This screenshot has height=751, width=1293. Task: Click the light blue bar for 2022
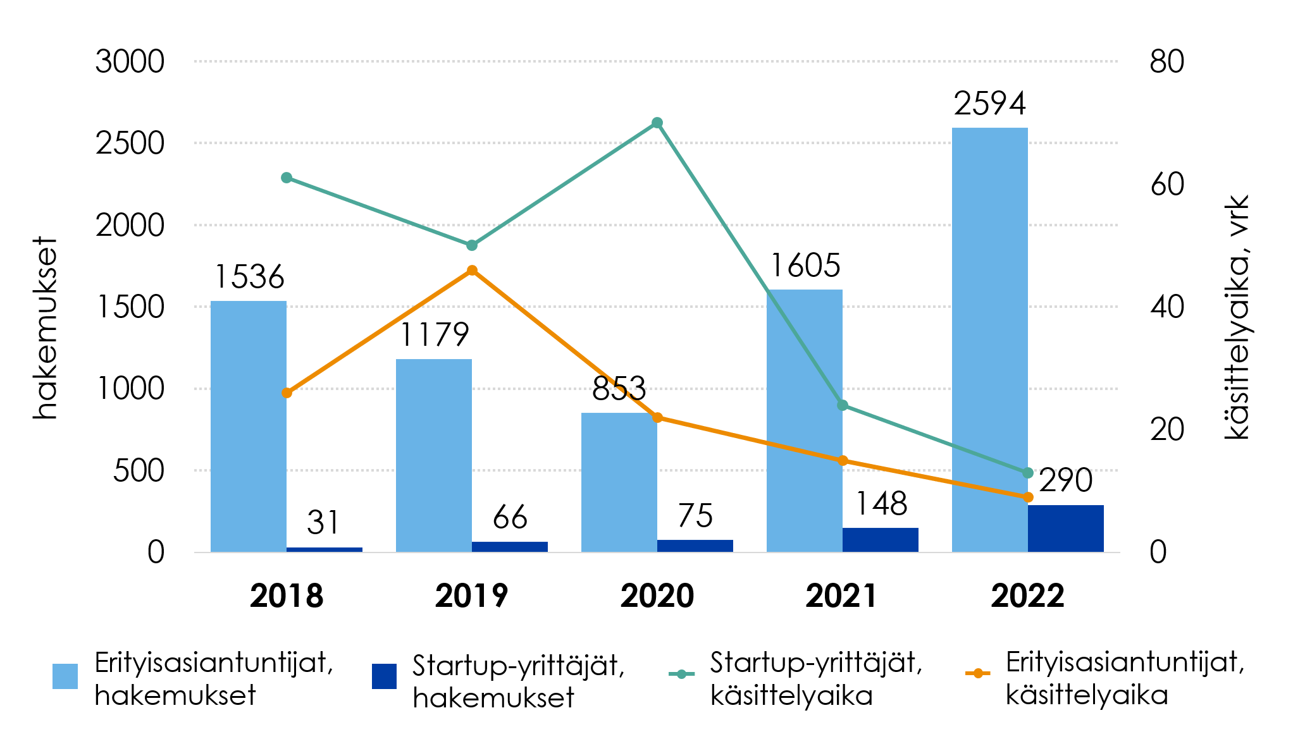[x=989, y=341]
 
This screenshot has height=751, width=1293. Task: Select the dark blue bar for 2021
[x=880, y=540]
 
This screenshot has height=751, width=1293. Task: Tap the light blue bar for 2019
[x=433, y=455]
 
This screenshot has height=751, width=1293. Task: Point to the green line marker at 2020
[x=657, y=123]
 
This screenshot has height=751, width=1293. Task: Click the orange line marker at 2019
[x=472, y=271]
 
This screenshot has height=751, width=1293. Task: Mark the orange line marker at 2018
[x=287, y=393]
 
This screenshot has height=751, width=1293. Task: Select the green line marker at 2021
[x=842, y=405]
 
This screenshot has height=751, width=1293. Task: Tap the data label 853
[x=619, y=389]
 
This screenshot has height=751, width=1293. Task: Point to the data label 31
[x=323, y=523]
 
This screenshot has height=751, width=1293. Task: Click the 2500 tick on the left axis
[x=130, y=143]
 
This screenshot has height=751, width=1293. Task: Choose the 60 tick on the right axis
[x=1166, y=185]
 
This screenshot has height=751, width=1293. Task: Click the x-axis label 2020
[x=657, y=596]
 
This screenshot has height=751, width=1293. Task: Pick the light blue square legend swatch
[x=65, y=676]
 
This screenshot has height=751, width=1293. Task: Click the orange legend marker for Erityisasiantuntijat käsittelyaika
[x=977, y=673]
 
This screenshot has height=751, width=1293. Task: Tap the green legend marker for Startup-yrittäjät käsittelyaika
[x=681, y=674]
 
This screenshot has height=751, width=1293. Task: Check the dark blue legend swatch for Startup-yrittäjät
[x=384, y=676]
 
